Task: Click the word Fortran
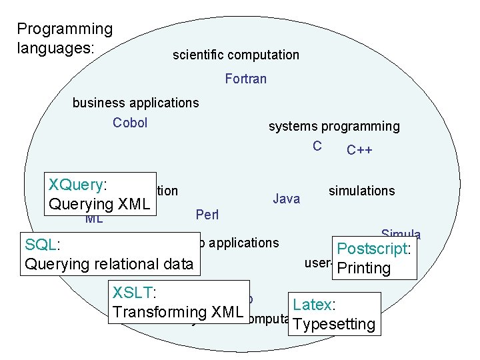click(245, 79)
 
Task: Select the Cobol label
click(130, 123)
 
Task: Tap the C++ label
click(359, 150)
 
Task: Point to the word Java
click(287, 199)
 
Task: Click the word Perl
click(207, 215)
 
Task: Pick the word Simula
click(401, 234)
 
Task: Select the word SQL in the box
click(39, 245)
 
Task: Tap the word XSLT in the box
click(133, 292)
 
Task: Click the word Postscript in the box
click(376, 249)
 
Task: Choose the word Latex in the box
click(312, 305)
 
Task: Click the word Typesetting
click(334, 325)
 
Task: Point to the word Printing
click(364, 268)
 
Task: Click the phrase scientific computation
click(236, 55)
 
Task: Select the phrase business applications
click(135, 103)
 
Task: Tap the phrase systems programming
click(334, 126)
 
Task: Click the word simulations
click(361, 191)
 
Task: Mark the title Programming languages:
click(65, 39)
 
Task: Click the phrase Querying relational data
click(109, 264)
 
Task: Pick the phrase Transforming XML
click(178, 311)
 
